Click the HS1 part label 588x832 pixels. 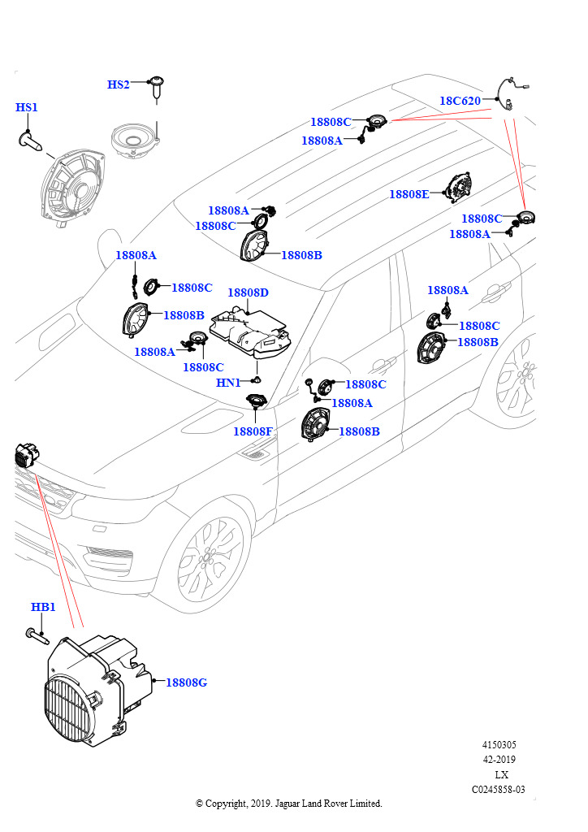coord(27,107)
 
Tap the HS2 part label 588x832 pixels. coord(119,84)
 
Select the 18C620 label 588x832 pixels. coord(460,101)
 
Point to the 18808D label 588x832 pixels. coord(248,292)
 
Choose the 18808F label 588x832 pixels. coord(253,431)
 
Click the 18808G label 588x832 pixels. coord(186,682)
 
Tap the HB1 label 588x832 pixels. coord(43,607)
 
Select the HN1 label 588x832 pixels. coord(228,383)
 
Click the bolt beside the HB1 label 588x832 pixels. coord(34,634)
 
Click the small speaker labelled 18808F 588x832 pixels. coord(257,401)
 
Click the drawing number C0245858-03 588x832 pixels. coord(498,789)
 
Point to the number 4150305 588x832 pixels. coord(499,744)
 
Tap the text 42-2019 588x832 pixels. coord(499,760)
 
